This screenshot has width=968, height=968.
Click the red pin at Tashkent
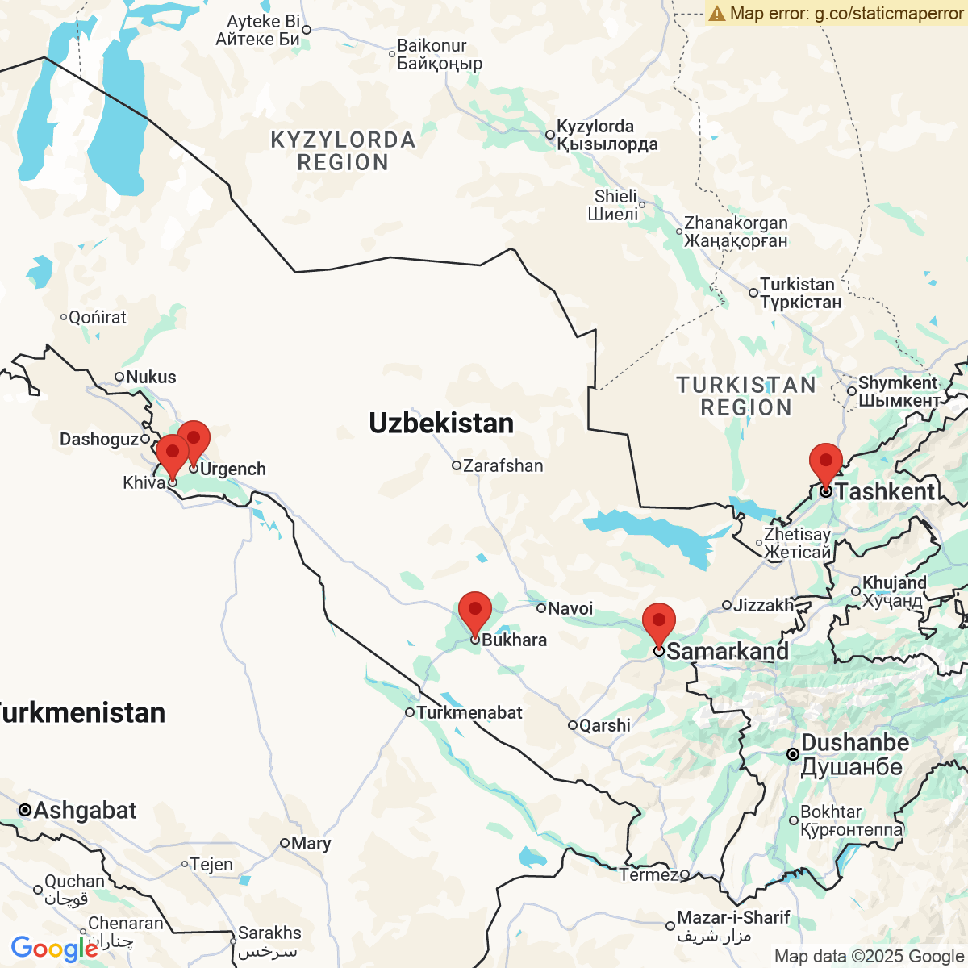coord(826,462)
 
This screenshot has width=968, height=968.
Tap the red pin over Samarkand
coord(659,622)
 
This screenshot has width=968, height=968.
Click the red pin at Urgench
coord(194,440)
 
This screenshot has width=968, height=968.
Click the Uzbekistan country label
coord(441,423)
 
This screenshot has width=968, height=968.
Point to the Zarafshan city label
coord(503,465)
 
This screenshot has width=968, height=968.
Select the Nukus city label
coord(150,377)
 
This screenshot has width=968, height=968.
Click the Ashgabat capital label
coord(85,810)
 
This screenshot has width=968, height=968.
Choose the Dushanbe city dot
coord(793,754)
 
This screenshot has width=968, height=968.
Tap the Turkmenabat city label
coord(469,712)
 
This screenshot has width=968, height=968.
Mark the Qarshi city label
coord(604,725)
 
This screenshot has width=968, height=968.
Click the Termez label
coord(649,874)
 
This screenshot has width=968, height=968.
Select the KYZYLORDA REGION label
coord(343,151)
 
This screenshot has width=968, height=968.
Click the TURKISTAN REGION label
coord(746,396)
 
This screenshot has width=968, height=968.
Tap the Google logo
coord(53,949)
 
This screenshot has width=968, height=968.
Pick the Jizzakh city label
coord(763,604)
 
